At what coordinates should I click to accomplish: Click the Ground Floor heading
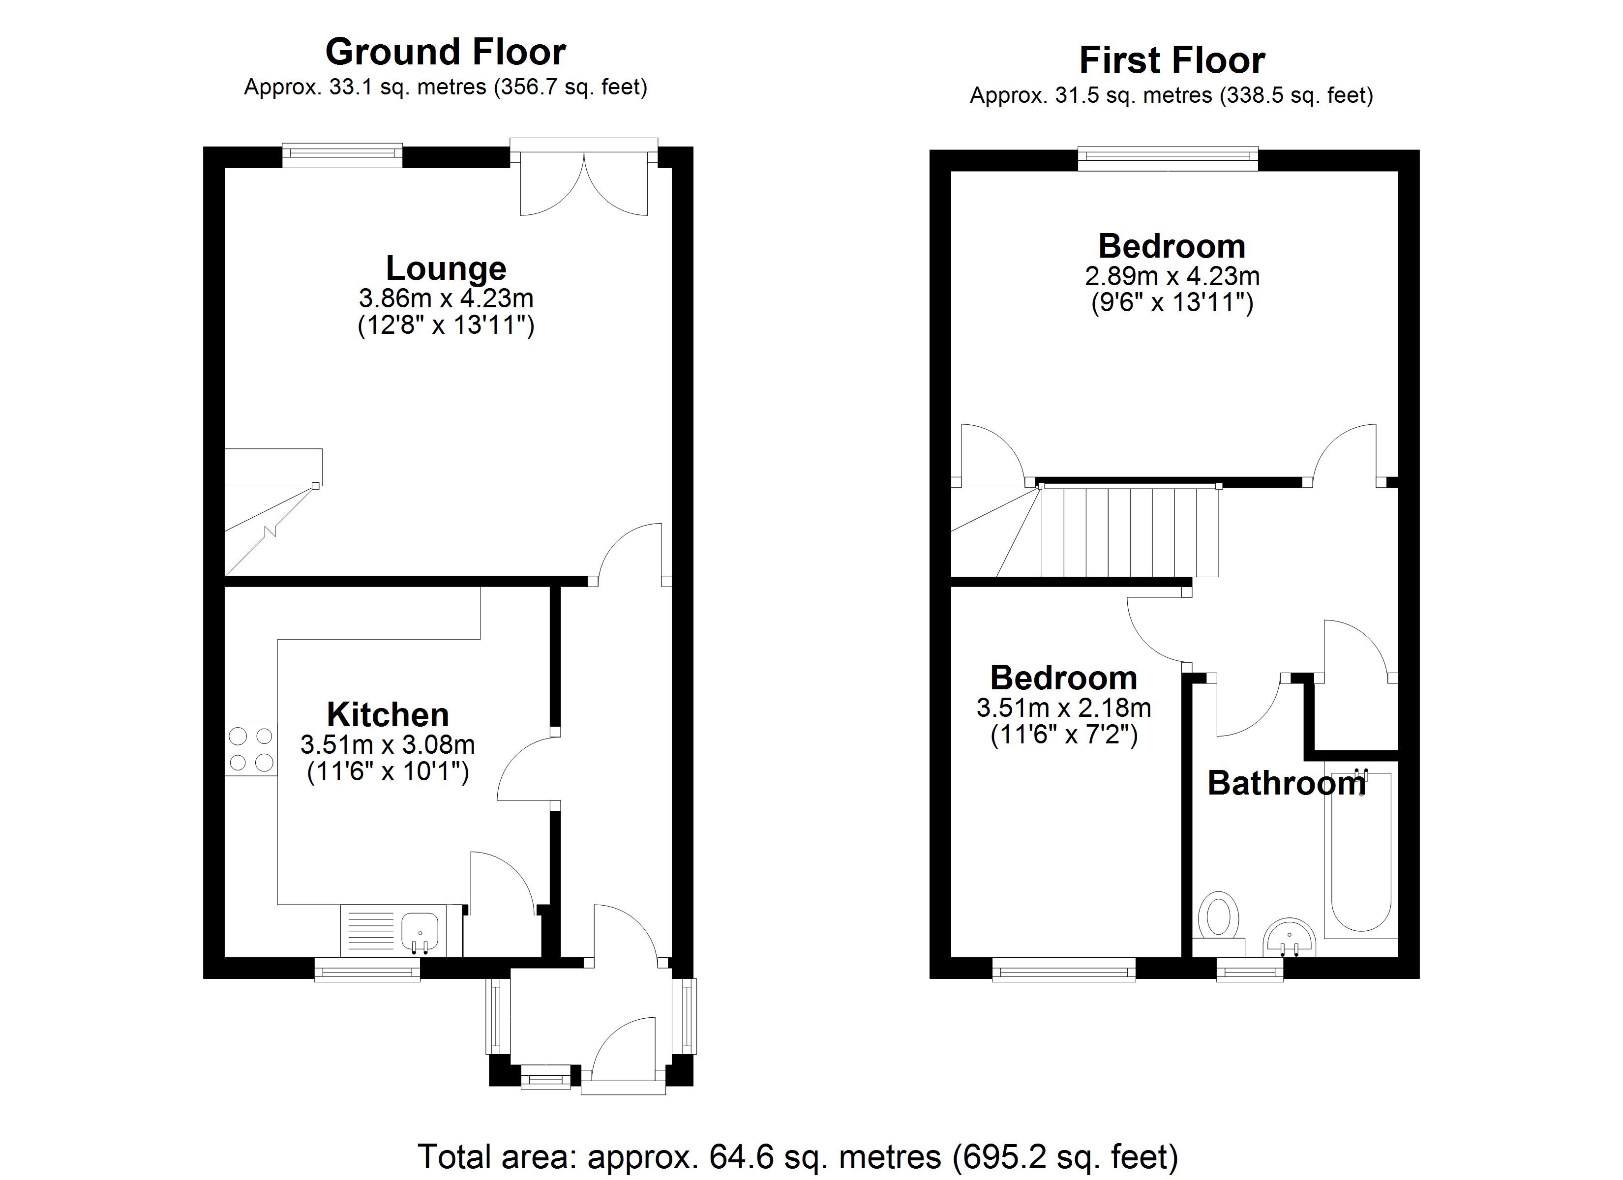[x=445, y=52]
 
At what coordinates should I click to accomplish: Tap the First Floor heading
[x=1172, y=60]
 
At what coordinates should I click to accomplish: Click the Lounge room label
[x=446, y=268]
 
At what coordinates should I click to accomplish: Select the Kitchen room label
[x=388, y=715]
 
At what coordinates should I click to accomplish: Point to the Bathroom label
[x=1286, y=784]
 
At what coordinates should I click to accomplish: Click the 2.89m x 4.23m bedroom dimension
[x=1172, y=276]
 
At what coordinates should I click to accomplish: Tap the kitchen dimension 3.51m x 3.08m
[x=388, y=745]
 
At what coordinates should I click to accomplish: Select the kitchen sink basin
[x=420, y=931]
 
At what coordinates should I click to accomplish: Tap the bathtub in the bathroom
[x=1360, y=855]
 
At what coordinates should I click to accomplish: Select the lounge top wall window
[x=342, y=154]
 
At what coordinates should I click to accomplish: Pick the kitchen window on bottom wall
[x=367, y=971]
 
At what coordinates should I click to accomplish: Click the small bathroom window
[x=1249, y=971]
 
